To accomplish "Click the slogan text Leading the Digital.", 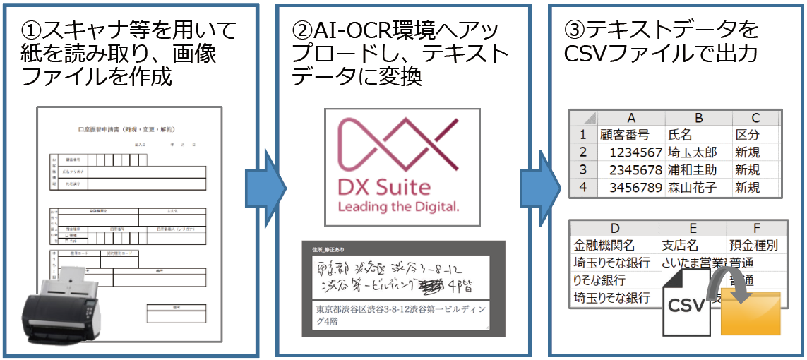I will pos(399,207).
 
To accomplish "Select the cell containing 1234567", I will pos(630,152).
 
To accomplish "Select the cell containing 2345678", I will pos(630,170).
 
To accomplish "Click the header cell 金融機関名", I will pos(604,246).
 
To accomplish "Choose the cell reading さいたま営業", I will pos(692,263).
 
